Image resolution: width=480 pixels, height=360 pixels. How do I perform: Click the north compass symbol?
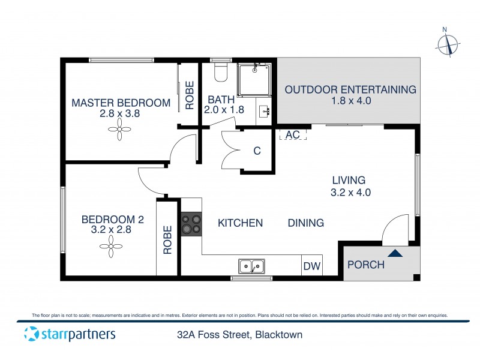pos(448,44)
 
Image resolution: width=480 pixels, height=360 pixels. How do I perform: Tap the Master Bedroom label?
pos(121,103)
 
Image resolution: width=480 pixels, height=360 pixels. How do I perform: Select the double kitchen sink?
pos(252,265)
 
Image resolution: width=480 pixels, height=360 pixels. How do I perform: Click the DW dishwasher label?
pos(311,266)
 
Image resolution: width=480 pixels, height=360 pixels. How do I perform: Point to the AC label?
pos(292,134)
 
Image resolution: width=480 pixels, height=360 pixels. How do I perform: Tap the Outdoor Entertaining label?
pos(350,89)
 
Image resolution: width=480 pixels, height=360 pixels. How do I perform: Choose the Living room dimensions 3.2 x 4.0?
pos(351,193)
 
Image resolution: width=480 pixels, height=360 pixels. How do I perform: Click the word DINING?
pos(306,223)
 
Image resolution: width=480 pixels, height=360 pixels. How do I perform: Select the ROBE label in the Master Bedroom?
pos(189,95)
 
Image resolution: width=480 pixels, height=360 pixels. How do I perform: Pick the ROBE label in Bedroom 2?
pos(167,240)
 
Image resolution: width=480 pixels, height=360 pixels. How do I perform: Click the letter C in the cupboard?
pos(257,151)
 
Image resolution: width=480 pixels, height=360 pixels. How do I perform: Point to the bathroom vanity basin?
pos(265,112)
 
